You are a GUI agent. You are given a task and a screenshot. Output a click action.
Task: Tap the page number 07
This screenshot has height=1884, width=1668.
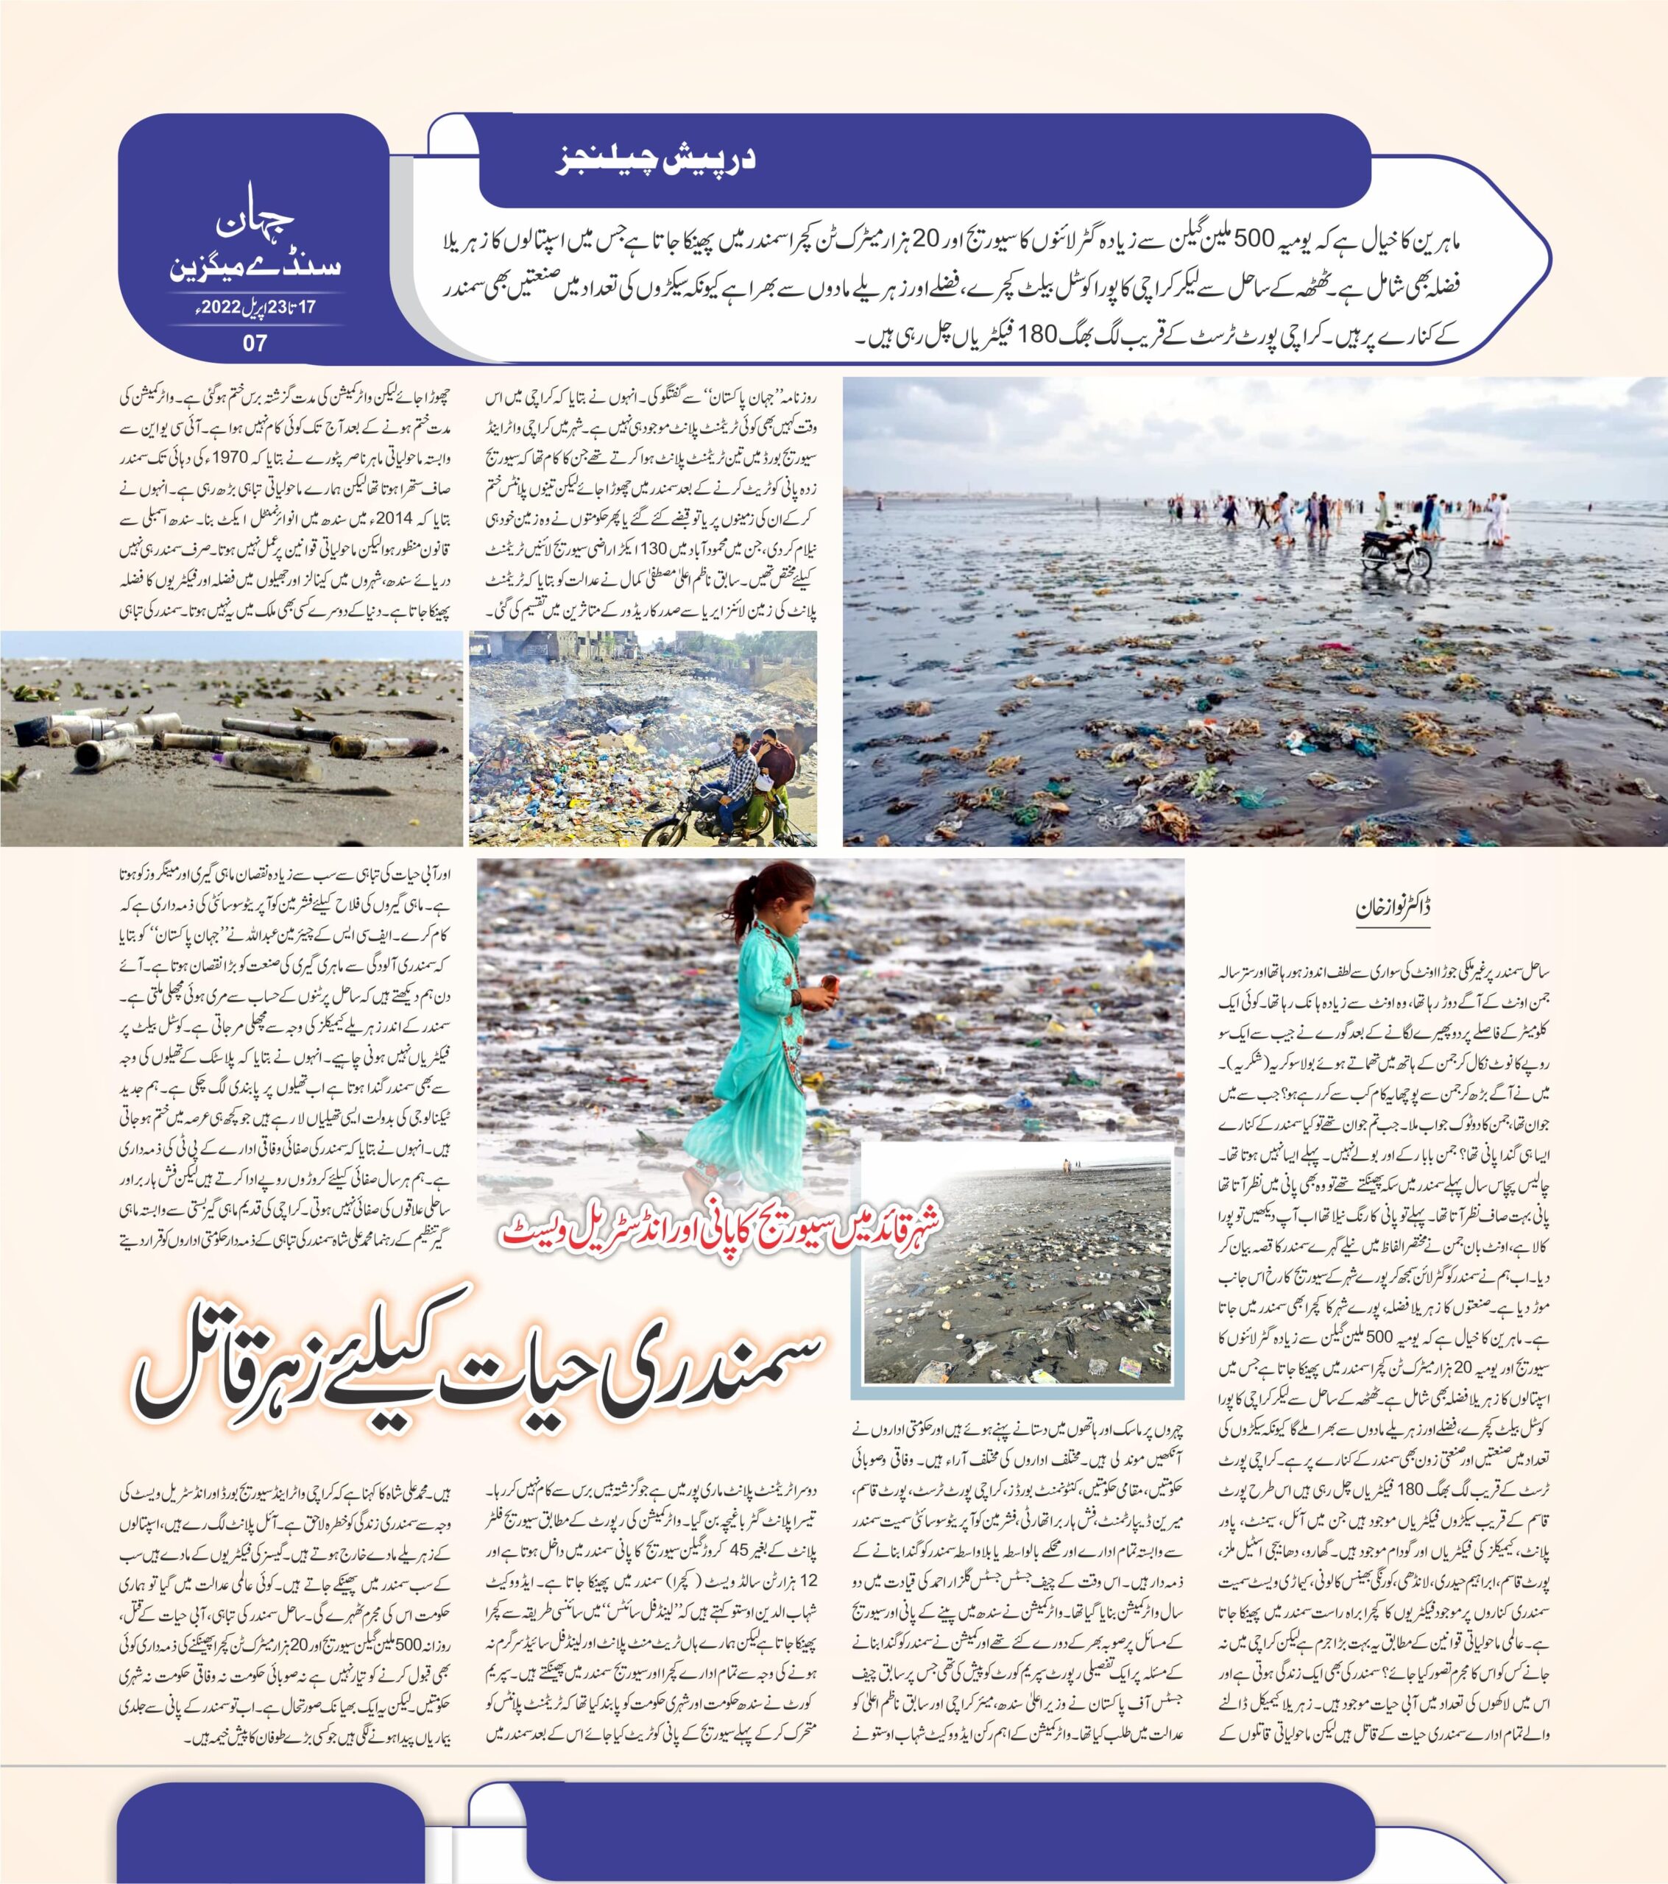click(x=255, y=343)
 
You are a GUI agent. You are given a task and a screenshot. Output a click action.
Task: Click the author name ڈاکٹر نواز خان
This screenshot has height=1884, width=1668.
click(x=1394, y=906)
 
